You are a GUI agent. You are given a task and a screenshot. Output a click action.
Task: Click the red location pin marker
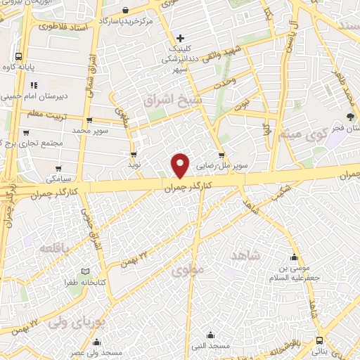(181, 165)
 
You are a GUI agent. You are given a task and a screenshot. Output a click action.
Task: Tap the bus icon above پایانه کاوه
(18, 57)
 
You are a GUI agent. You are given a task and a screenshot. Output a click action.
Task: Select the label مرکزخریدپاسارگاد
(126, 21)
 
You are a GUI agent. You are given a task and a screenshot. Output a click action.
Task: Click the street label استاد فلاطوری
(61, 27)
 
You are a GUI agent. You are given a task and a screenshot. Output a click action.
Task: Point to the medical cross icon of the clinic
(181, 37)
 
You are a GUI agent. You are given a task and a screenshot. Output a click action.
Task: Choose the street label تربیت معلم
(25, 112)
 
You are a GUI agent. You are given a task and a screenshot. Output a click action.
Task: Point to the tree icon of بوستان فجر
(349, 117)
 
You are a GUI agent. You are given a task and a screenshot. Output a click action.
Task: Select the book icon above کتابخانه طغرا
(85, 272)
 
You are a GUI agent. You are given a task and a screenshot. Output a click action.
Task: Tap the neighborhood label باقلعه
(54, 250)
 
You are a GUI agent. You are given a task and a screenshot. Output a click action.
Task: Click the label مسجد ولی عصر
(101, 351)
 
